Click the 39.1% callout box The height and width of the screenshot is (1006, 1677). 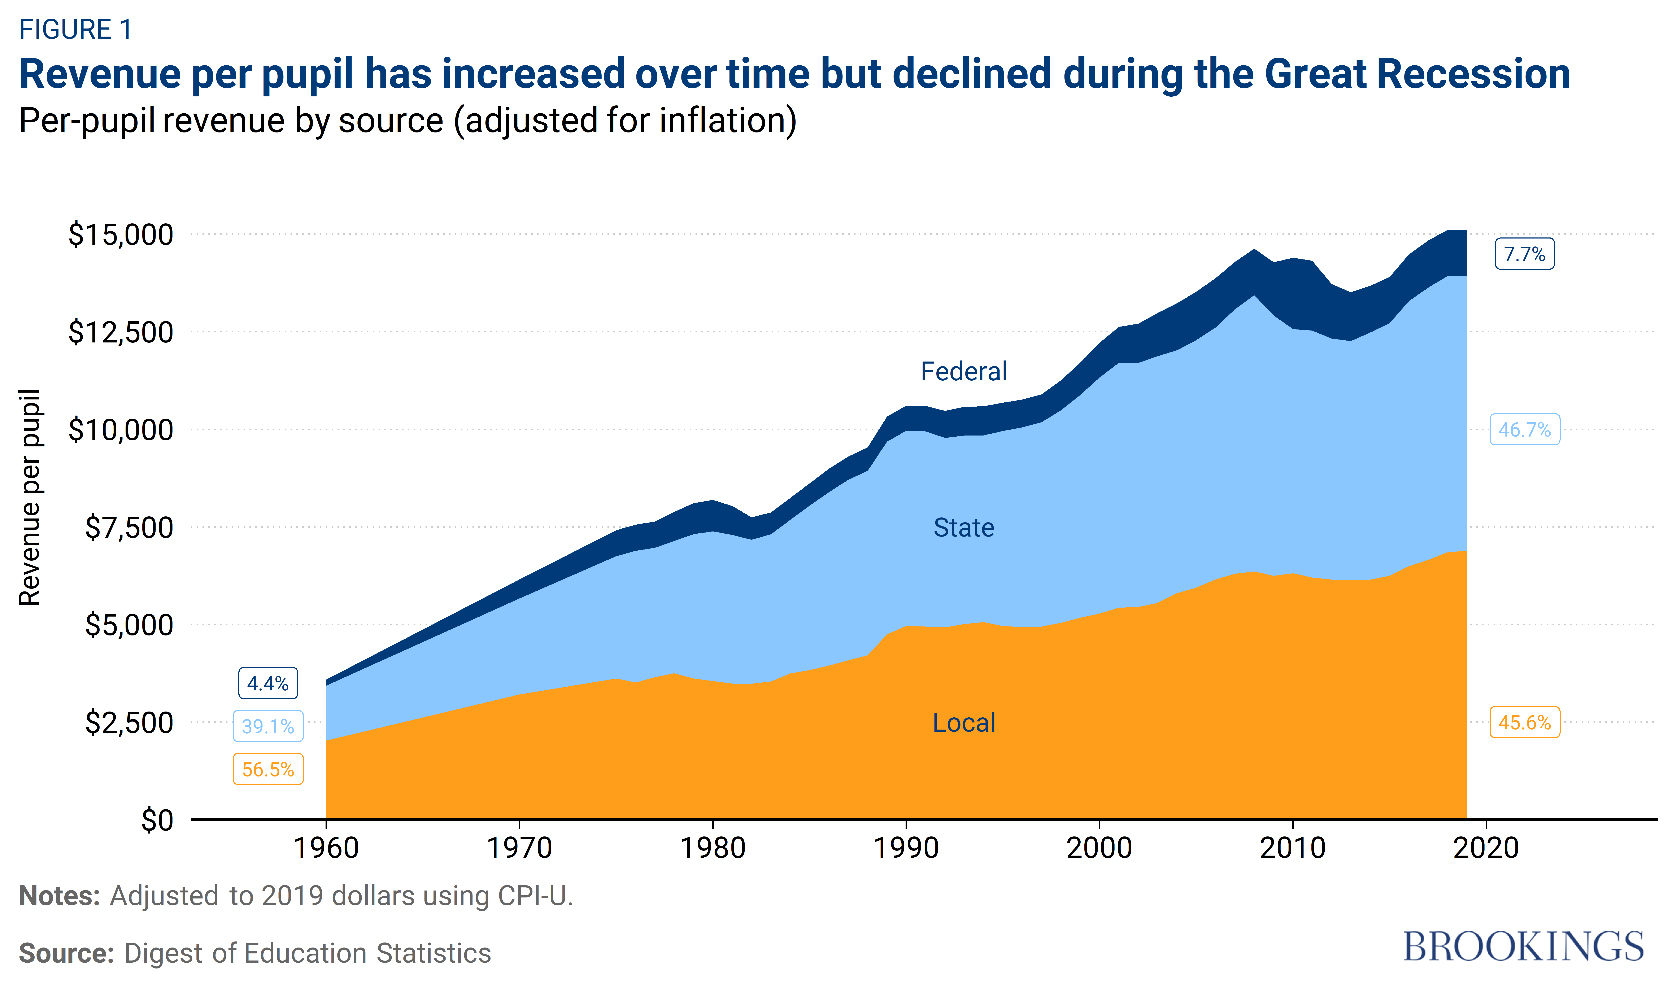[x=268, y=726]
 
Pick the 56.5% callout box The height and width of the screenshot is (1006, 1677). [x=268, y=769]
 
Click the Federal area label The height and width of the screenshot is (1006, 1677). [x=963, y=372]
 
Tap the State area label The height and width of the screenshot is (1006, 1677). [x=963, y=527]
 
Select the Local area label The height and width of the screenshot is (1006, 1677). [x=963, y=723]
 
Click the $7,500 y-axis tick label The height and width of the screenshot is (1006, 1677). [x=129, y=527]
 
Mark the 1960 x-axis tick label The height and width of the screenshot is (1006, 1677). [x=326, y=848]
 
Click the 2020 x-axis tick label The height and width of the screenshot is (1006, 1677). [x=1486, y=848]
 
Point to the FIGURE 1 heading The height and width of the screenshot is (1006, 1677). [x=75, y=29]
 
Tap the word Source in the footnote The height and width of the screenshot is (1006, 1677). [x=66, y=953]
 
